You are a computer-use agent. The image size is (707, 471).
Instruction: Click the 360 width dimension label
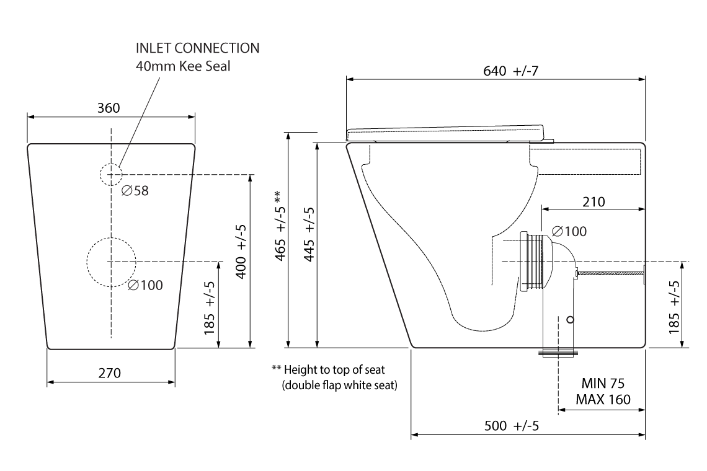109,108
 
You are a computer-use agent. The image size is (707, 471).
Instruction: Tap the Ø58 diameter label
135,191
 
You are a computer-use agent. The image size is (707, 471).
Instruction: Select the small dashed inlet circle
110,175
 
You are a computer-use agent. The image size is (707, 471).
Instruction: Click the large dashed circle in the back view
111,262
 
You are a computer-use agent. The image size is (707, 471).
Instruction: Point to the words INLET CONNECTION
197,48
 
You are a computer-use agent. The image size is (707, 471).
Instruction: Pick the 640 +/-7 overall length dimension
510,71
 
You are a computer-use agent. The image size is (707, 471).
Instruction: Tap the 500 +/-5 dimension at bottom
511,426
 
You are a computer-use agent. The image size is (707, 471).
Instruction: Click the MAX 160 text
602,399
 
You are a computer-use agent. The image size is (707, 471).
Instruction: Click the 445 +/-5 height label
308,235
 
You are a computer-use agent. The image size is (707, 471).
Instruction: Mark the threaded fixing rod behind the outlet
611,271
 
